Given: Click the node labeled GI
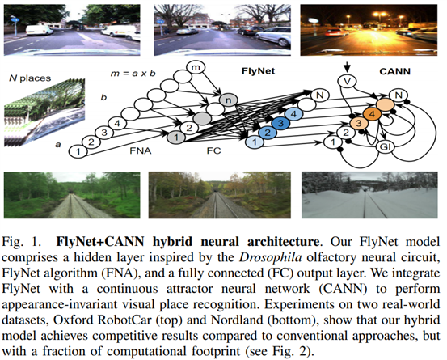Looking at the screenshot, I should coord(386,147).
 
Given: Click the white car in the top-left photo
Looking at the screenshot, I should coord(36,28).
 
